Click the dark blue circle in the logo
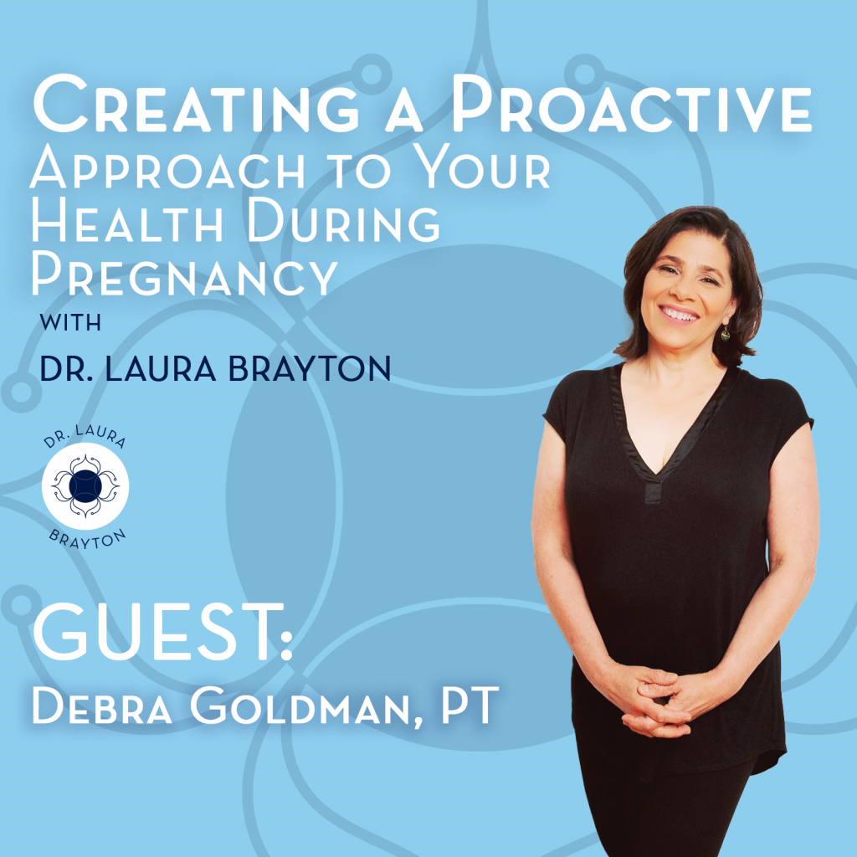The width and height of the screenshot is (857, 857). [x=85, y=485]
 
